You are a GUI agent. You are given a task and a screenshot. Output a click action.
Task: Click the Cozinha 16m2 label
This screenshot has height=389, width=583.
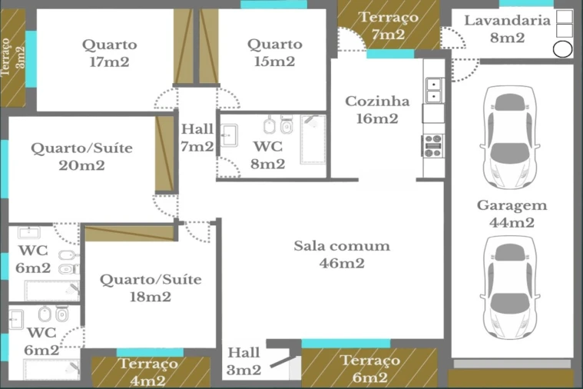click(377, 110)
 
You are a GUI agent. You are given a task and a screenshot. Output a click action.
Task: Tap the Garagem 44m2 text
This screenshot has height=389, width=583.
click(512, 214)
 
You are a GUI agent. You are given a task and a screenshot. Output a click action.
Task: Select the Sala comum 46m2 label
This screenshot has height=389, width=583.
click(342, 254)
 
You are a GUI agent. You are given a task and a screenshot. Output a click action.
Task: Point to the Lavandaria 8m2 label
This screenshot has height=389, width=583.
click(508, 28)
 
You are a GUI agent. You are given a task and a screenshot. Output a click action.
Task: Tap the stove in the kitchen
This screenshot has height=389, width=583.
click(433, 146)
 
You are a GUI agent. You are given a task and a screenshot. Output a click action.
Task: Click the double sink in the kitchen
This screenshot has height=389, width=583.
click(434, 91)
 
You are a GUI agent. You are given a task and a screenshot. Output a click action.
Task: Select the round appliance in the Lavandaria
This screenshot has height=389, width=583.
click(562, 49)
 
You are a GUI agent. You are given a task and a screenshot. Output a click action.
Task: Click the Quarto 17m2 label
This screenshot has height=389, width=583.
click(109, 53)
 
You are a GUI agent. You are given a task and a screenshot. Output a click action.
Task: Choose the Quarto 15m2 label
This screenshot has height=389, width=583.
click(275, 52)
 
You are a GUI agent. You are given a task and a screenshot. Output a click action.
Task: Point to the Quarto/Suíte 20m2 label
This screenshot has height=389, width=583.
click(81, 157)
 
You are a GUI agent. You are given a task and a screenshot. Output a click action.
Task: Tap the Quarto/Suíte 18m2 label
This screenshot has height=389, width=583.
click(151, 288)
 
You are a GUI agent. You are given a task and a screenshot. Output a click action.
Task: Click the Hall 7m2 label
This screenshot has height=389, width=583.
click(197, 138)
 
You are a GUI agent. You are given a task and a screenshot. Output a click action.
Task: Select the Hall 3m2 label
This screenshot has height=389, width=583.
click(244, 361)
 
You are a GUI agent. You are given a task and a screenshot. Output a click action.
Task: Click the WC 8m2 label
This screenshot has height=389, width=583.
click(268, 155)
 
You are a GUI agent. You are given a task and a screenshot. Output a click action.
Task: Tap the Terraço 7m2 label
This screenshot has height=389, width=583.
click(389, 25)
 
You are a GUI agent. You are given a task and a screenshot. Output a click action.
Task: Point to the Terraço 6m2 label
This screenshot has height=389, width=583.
click(370, 368)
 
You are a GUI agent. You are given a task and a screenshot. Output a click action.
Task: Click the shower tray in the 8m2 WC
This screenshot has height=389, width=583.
click(313, 139)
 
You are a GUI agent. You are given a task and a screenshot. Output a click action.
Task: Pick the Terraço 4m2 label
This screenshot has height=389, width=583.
click(148, 372)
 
